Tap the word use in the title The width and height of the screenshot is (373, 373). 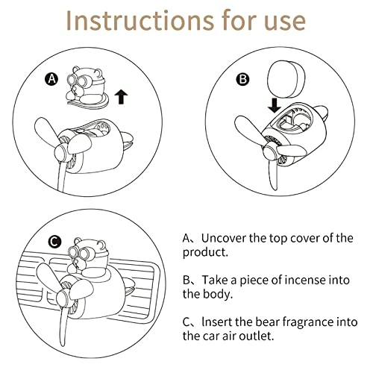[x=285, y=23]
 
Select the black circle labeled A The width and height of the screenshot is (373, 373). [x=51, y=79]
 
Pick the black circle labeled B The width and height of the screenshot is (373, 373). [x=242, y=79]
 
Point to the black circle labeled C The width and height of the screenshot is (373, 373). [x=54, y=242]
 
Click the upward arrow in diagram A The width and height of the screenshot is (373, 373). [x=121, y=97]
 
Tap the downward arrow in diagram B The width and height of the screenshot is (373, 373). [x=275, y=105]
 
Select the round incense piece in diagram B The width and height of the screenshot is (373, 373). [x=286, y=79]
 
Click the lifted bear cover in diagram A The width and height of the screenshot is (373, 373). [x=87, y=87]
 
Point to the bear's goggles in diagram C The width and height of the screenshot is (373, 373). [x=80, y=253]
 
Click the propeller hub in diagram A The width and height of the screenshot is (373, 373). [x=62, y=152]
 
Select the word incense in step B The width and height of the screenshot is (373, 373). [x=307, y=280]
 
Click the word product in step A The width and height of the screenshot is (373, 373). [x=205, y=253]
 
